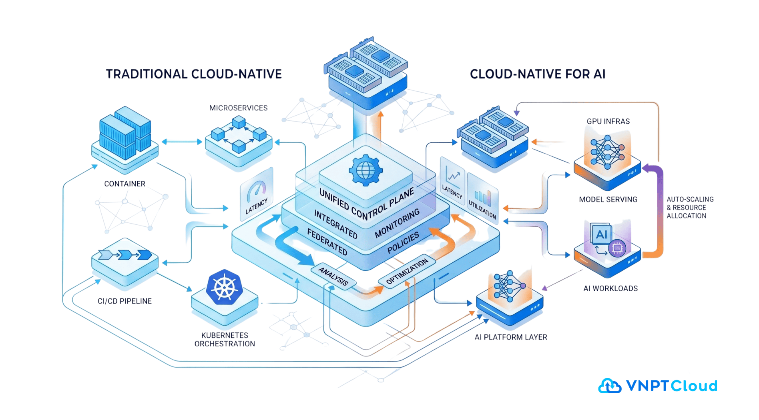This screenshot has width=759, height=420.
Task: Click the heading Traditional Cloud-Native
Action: [194, 74]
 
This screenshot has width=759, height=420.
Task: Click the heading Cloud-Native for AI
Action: [537, 74]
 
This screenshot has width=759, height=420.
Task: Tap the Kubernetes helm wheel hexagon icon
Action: [225, 288]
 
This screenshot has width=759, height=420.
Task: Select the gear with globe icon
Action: [365, 170]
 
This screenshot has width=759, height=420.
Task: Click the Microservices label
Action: [238, 108]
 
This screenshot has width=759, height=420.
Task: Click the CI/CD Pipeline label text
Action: [124, 301]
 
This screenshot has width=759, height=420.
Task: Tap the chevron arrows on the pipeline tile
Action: [125, 255]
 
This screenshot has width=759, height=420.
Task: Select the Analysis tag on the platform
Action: [333, 276]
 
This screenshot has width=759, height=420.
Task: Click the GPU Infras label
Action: [608, 121]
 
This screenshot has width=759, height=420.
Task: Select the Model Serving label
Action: [608, 199]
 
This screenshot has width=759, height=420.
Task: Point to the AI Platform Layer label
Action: [510, 337]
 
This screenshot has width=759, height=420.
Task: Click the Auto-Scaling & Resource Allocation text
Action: [689, 208]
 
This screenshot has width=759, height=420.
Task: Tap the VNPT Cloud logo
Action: [657, 386]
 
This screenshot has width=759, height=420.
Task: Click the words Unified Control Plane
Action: [366, 204]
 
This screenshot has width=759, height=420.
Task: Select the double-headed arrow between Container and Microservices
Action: [182, 142]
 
